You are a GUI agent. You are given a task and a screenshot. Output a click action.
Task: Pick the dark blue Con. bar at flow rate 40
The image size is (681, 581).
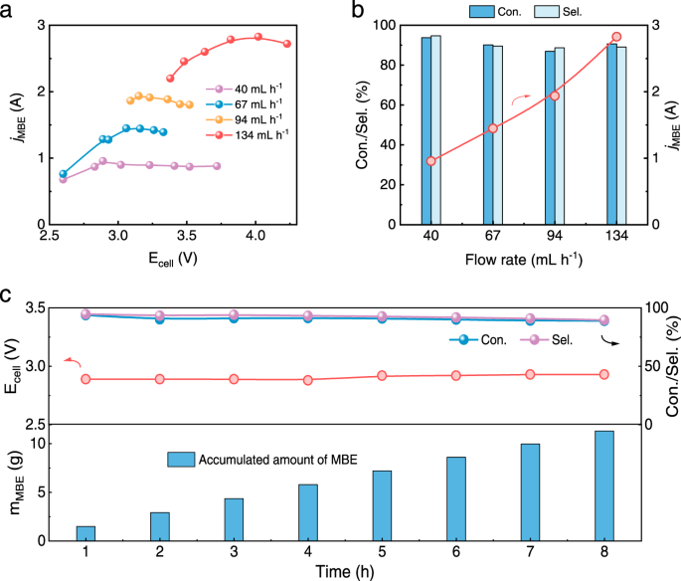pyautogui.click(x=426, y=130)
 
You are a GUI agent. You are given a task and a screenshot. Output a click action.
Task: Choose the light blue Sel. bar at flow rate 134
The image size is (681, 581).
pyautogui.click(x=621, y=135)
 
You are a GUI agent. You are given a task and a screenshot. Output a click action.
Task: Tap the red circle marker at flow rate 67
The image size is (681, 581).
pyautogui.click(x=492, y=128)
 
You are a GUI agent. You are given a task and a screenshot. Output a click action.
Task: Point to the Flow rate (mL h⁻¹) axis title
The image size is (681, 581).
pyautogui.click(x=523, y=262)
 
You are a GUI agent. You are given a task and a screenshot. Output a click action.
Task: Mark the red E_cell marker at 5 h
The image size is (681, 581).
pyautogui.click(x=382, y=376)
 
